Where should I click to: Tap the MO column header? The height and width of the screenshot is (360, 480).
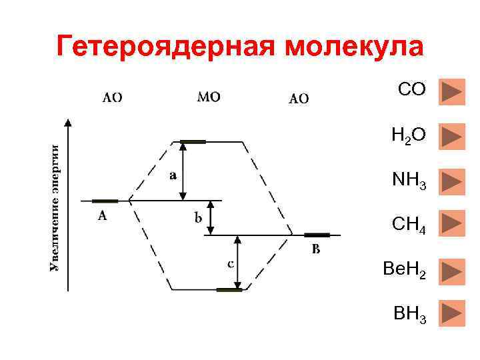pos(209,97)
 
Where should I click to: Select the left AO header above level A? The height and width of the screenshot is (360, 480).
pos(111,97)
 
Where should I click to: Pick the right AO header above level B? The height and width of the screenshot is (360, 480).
pos(299,99)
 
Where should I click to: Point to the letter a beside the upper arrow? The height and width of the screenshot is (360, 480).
pos(173,175)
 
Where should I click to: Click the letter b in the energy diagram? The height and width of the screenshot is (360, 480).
pos(199,217)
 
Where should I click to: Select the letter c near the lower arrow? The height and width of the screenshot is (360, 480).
pos(230,264)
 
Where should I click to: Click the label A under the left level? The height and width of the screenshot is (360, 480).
pos(102,215)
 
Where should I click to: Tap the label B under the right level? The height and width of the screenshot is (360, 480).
pos(316,250)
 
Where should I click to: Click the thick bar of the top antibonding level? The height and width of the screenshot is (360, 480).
pos(193,141)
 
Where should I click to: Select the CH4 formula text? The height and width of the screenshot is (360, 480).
pos(409,224)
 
